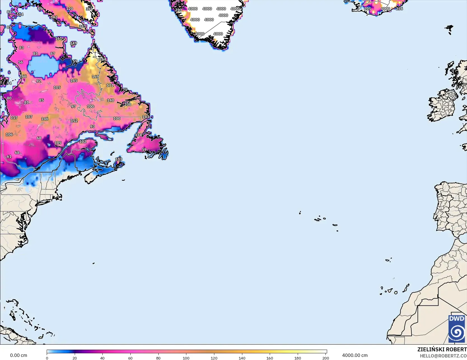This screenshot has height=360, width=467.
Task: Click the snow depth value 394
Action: [x=89, y=9]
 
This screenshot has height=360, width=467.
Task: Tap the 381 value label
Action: [x=83, y=27]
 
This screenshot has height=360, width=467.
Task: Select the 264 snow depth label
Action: [x=103, y=59]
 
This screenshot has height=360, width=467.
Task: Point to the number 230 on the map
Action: [x=128, y=104]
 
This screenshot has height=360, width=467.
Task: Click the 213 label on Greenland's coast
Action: [x=179, y=10]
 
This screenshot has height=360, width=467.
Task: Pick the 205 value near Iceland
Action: [x=367, y=9]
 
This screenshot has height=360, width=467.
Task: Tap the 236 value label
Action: [x=399, y=9]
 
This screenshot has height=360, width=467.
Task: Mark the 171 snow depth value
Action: [x=110, y=85]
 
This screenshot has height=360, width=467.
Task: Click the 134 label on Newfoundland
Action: [x=139, y=135]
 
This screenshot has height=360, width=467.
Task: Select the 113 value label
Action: [x=119, y=159]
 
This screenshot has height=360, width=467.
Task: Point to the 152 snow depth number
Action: [x=74, y=121]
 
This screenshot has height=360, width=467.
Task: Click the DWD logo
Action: [x=457, y=329]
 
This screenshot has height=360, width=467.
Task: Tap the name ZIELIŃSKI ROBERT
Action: [x=442, y=349]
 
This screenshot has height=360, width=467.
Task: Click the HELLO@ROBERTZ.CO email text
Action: [x=443, y=356]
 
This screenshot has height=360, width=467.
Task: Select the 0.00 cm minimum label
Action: [x=18, y=356]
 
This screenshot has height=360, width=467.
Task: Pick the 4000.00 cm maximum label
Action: [x=355, y=356]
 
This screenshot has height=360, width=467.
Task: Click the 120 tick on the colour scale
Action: [x=214, y=358]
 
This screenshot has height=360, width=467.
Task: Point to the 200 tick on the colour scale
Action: [x=325, y=358]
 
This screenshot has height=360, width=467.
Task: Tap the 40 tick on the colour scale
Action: [x=102, y=358]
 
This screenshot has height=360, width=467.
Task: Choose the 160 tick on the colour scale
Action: [x=270, y=358]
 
